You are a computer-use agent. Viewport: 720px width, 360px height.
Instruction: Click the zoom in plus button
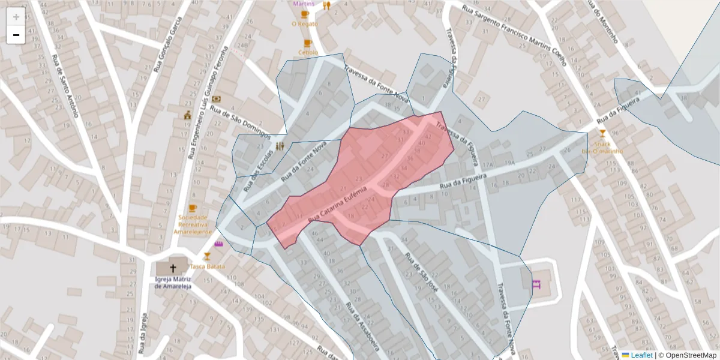[x=16, y=17]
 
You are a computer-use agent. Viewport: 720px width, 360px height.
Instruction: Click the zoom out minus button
[x=16, y=35]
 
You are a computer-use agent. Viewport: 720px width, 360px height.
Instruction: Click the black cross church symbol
[x=174, y=268]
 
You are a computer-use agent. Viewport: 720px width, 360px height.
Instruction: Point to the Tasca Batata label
[x=208, y=266]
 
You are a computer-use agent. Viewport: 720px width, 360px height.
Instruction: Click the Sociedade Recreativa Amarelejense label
[x=193, y=224]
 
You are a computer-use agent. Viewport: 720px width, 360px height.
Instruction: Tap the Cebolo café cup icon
[x=308, y=43]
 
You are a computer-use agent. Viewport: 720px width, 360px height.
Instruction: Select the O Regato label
[x=304, y=24]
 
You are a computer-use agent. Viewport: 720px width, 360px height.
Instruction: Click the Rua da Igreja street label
[x=143, y=334]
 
